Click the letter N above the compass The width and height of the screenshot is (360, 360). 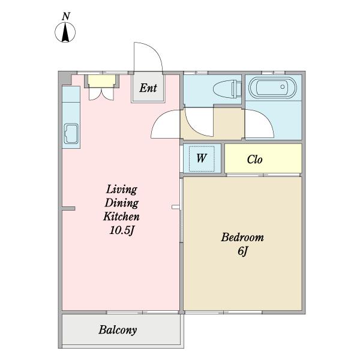[x=66, y=16]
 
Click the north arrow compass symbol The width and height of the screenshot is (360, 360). [x=65, y=32]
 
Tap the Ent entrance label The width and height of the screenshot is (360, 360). [x=148, y=88]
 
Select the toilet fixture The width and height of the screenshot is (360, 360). [x=227, y=89]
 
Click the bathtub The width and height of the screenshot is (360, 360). [x=272, y=88]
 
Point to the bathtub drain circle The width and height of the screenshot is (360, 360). [x=283, y=87]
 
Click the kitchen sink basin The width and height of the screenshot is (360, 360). [x=71, y=134]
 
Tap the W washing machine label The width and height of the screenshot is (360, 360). [x=202, y=158]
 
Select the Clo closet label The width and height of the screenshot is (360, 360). [x=254, y=160]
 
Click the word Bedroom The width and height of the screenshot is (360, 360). [x=242, y=238]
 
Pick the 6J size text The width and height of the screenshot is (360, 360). [x=242, y=251]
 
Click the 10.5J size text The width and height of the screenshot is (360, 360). [x=121, y=230]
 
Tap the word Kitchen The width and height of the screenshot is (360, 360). [x=121, y=217]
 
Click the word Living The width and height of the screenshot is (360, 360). [x=122, y=190]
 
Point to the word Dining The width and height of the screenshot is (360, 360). [x=122, y=203]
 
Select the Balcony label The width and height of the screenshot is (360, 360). [x=118, y=330]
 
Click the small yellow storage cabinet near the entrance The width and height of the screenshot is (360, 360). [x=102, y=81]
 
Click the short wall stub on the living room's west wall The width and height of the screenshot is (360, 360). [x=68, y=208]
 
